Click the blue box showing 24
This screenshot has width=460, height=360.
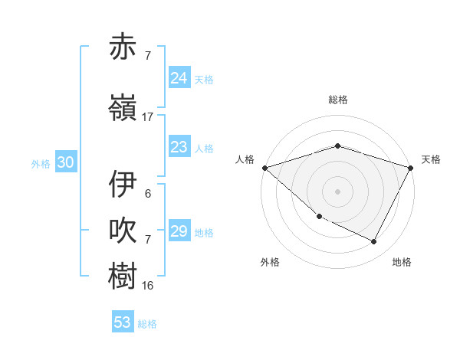[x=179, y=78]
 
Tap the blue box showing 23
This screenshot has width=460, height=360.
[x=179, y=147]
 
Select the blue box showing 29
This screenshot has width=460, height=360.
[x=179, y=231]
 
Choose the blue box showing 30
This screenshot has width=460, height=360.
[x=65, y=162]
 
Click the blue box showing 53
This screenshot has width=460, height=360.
[x=123, y=322]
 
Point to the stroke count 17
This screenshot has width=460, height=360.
[x=148, y=117]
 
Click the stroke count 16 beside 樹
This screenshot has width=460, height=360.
[x=148, y=286]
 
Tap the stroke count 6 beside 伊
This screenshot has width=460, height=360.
[x=148, y=194]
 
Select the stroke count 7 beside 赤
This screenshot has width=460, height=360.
[x=148, y=56]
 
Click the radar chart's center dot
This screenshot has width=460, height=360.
[x=338, y=191]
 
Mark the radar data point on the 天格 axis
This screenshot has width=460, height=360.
[x=412, y=168]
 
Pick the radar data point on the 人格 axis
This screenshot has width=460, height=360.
[x=264, y=168]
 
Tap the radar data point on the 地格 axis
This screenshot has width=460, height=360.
[x=374, y=242]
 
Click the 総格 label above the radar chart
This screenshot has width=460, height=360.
[x=338, y=100]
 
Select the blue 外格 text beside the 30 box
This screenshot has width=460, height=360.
[x=41, y=163]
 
